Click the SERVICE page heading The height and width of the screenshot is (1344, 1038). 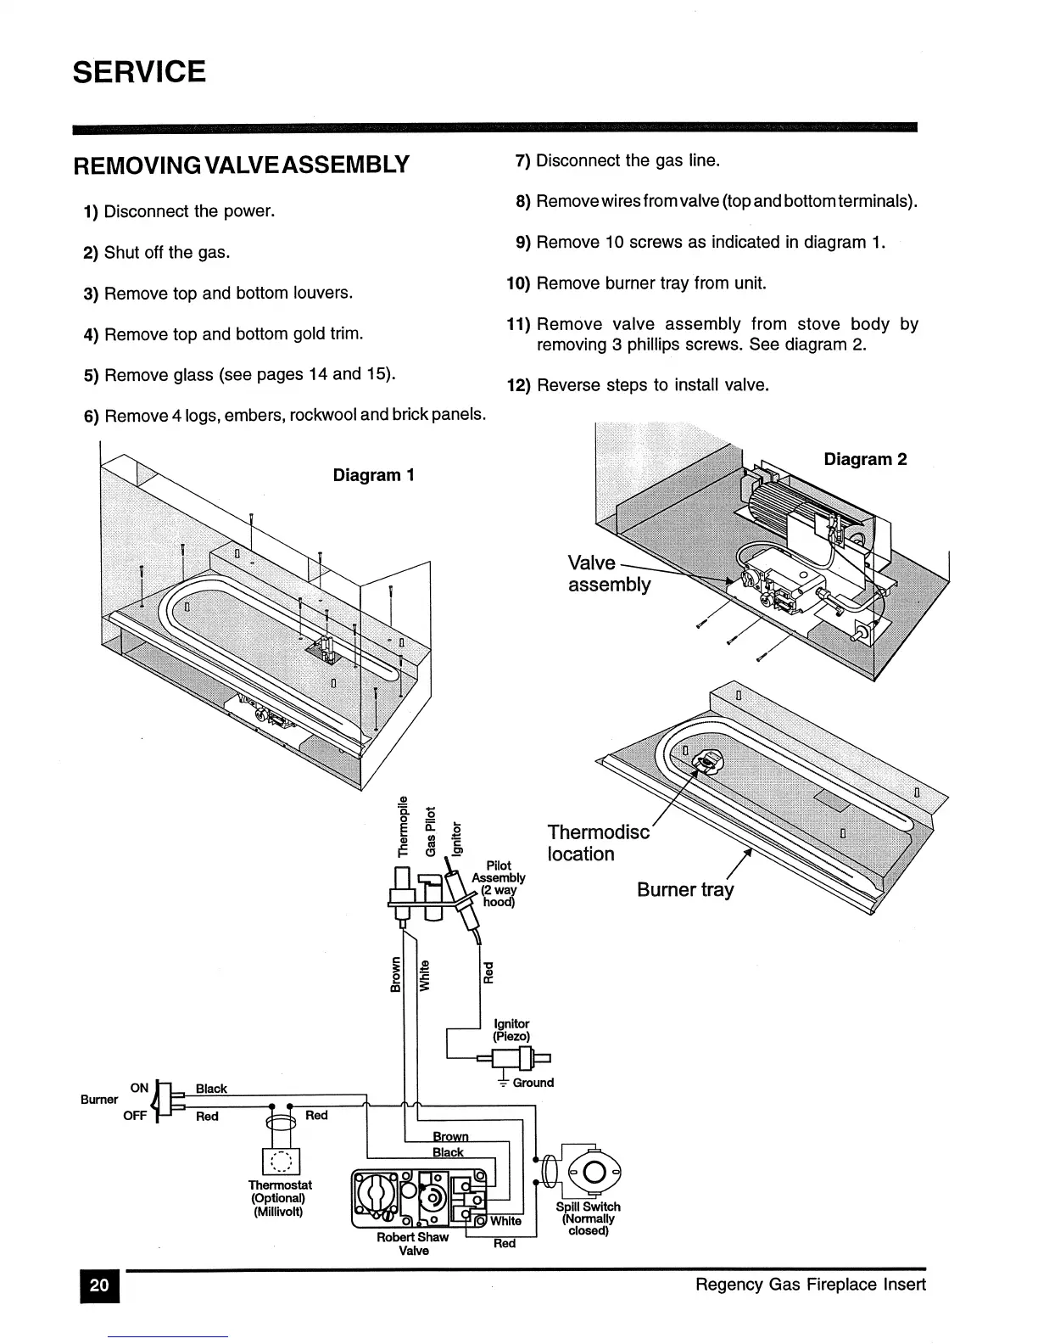pos(139,71)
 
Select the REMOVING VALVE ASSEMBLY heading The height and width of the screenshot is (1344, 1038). pos(242,164)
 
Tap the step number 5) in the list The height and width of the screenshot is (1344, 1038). pos(92,375)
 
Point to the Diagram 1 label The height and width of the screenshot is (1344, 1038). pos(373,475)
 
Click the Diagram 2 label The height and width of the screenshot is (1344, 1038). pos(865,459)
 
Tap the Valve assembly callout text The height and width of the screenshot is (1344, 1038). pos(608,574)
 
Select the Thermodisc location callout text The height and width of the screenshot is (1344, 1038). pos(598,843)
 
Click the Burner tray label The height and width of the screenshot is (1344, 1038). pos(685,889)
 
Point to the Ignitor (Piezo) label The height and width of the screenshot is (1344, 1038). pos(511,1030)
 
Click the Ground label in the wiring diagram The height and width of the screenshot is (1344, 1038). pos(533,1083)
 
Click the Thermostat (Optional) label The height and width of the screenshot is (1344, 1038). pos(280,1197)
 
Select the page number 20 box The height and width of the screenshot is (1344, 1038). pos(99,1285)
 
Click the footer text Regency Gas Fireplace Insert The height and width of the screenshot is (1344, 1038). pos(810,1285)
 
